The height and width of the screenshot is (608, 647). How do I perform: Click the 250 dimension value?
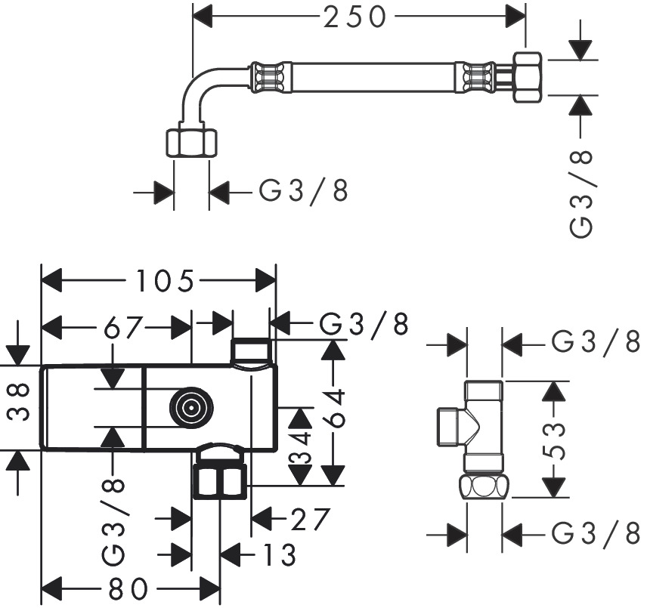[355, 16]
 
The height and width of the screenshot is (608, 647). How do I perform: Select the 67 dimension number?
[124, 327]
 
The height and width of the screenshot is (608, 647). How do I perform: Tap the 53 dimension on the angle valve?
[556, 438]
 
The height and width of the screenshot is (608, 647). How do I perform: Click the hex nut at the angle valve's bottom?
[484, 486]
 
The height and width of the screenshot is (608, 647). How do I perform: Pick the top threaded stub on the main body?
[251, 351]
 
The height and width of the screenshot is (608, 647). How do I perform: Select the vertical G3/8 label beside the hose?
[581, 192]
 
